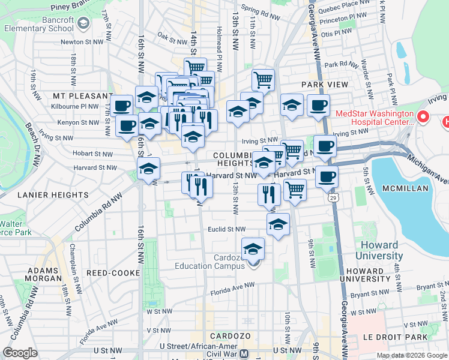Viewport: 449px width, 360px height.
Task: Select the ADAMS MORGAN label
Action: pos(44,275)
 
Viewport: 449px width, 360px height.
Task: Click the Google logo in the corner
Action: pos(20,353)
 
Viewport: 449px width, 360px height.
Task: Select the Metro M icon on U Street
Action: pos(244,354)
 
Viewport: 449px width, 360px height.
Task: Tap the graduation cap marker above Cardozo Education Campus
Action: pos(253,248)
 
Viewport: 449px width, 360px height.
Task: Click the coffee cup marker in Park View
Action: pos(318,105)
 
